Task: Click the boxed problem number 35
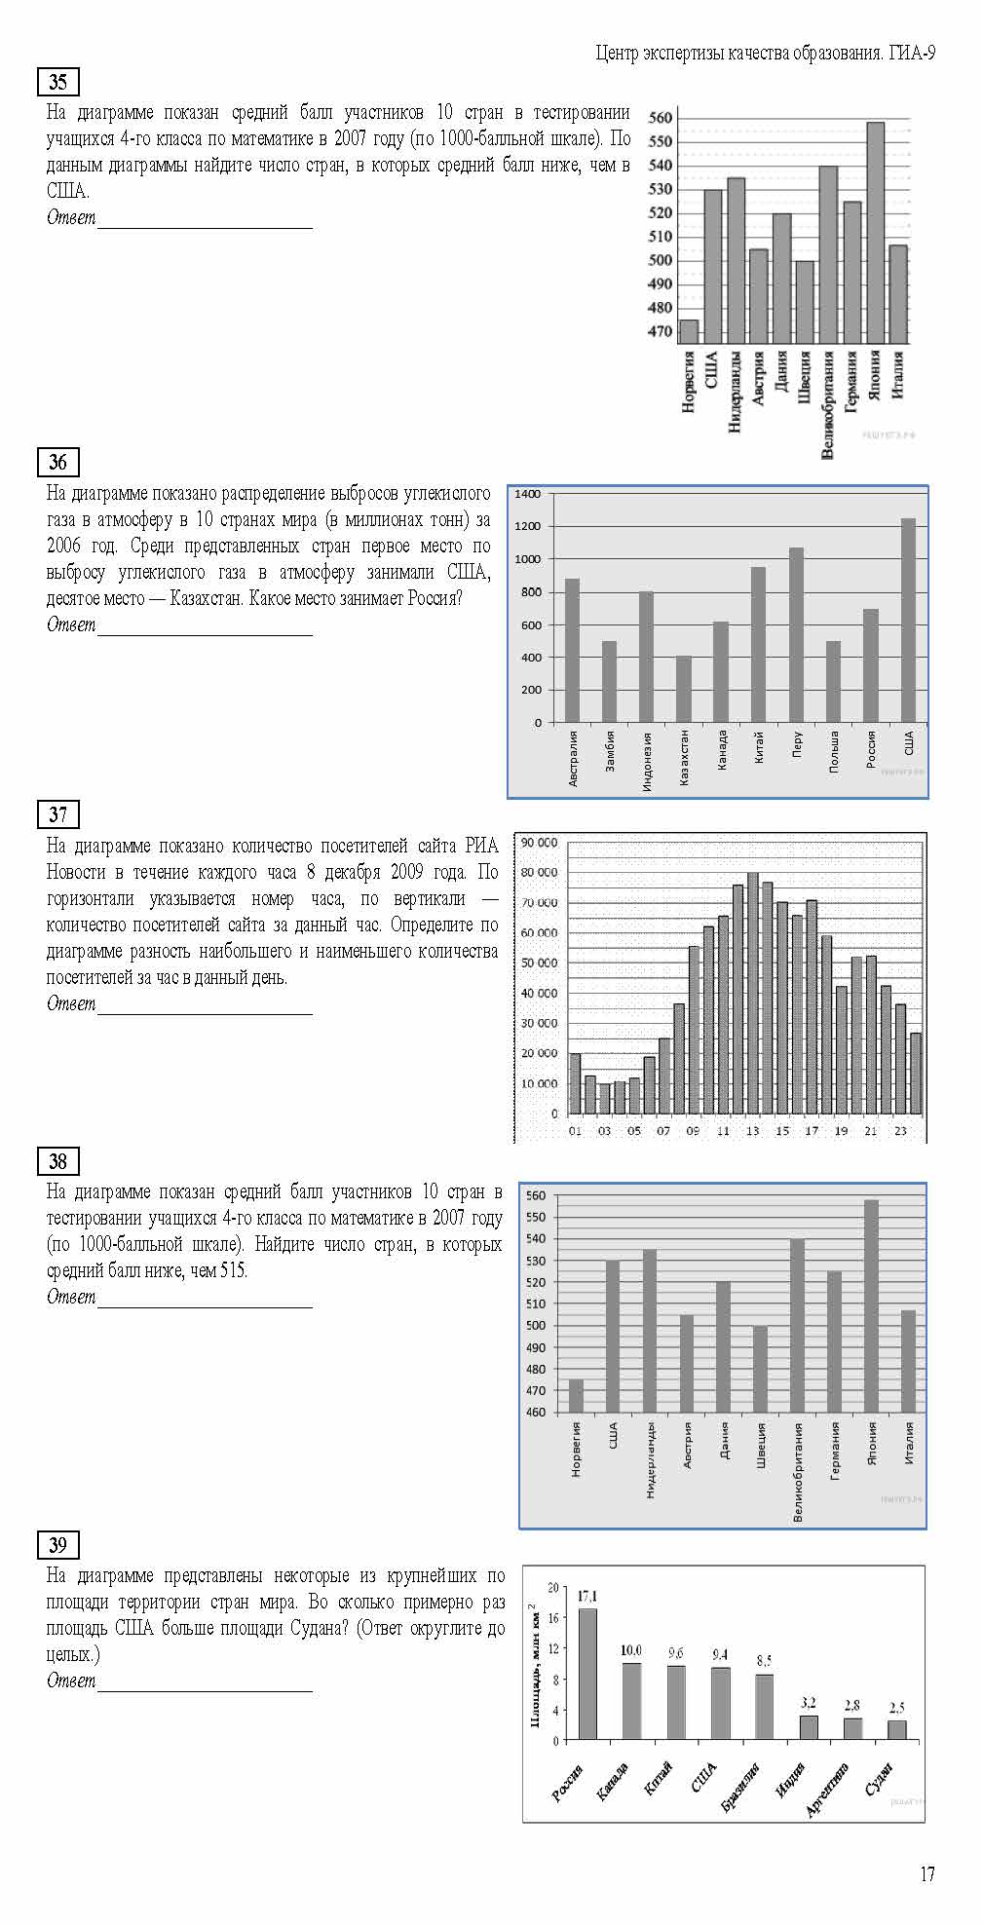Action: click(x=57, y=82)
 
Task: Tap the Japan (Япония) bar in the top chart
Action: click(x=875, y=233)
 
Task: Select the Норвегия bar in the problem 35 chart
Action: click(x=689, y=331)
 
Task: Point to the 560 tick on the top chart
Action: click(x=661, y=118)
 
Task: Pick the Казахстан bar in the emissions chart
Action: click(x=684, y=689)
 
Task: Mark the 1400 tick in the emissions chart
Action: click(x=527, y=494)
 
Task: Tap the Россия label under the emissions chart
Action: click(x=871, y=750)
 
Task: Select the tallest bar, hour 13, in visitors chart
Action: click(x=752, y=992)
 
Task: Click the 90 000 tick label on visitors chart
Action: click(x=539, y=843)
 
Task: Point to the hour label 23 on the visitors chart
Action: click(x=900, y=1131)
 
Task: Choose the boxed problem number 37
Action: click(x=57, y=814)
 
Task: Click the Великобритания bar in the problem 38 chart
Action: click(x=797, y=1325)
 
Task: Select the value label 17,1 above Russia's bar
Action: click(x=587, y=1596)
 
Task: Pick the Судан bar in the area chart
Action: click(x=897, y=1729)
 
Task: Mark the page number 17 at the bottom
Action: click(x=926, y=1873)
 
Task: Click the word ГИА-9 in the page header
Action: click(x=912, y=54)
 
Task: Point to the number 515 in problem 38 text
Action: click(x=233, y=1270)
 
